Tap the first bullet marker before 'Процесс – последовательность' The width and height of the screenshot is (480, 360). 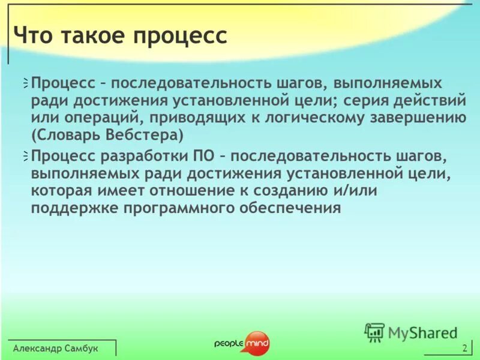(x=25, y=83)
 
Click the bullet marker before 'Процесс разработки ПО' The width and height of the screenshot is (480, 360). (x=25, y=157)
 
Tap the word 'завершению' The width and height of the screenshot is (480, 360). (x=424, y=117)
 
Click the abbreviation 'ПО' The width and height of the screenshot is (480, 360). (x=201, y=157)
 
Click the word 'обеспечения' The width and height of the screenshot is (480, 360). (x=292, y=208)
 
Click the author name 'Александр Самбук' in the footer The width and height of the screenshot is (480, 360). (x=55, y=349)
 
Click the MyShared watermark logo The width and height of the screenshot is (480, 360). (x=411, y=332)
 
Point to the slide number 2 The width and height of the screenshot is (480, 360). (x=464, y=349)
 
